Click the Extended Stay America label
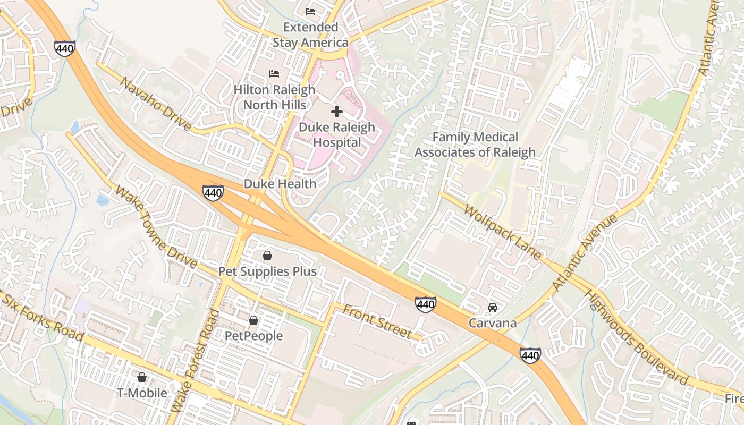click(310, 35)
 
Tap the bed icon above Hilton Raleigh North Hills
click(274, 73)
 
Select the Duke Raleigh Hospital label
click(337, 135)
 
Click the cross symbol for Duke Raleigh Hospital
click(336, 112)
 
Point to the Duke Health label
click(280, 184)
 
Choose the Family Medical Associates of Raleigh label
click(475, 145)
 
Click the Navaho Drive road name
click(155, 104)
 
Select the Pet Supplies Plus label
click(267, 271)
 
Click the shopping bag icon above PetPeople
click(253, 320)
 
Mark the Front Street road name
click(377, 321)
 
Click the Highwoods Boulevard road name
click(636, 337)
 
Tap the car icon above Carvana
click(493, 308)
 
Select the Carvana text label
click(492, 323)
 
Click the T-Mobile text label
click(142, 393)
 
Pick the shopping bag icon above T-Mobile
click(142, 377)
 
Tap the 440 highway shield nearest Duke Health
click(213, 193)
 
